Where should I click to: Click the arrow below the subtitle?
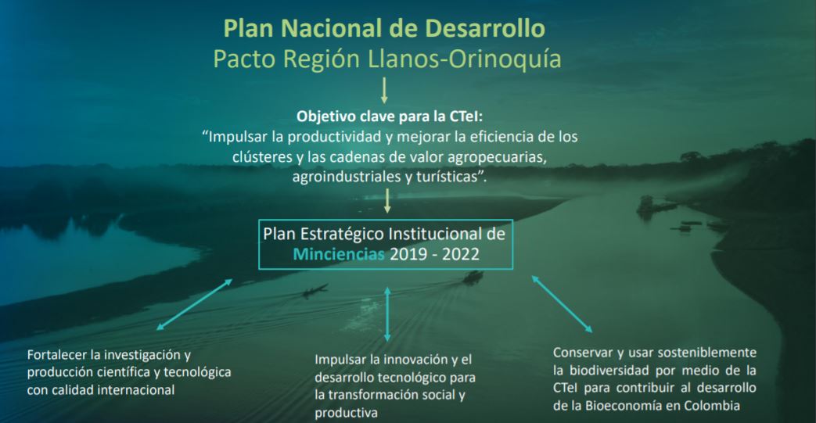click(x=383, y=92)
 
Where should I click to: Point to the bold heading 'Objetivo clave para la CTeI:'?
click(x=383, y=117)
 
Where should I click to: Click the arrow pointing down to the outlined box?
click(x=387, y=202)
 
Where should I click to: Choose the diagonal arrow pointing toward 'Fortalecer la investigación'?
click(x=194, y=303)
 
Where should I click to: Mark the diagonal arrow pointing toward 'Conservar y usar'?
click(x=562, y=303)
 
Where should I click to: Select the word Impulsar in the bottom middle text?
click(x=341, y=360)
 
